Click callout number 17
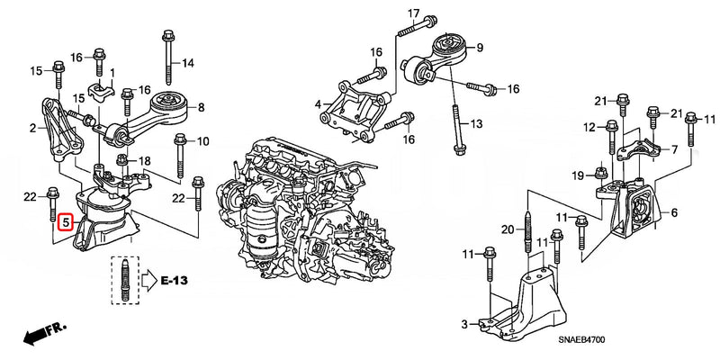pyautogui.click(x=413, y=13)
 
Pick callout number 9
pyautogui.click(x=480, y=48)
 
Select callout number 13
pyautogui.click(x=477, y=123)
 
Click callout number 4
pyautogui.click(x=317, y=105)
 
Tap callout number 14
pyautogui.click(x=188, y=63)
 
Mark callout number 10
pyautogui.click(x=202, y=140)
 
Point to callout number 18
pyautogui.click(x=146, y=158)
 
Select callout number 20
pyautogui.click(x=507, y=229)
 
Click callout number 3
pyautogui.click(x=464, y=323)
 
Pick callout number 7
pyautogui.click(x=674, y=148)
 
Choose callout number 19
pyautogui.click(x=578, y=174)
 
